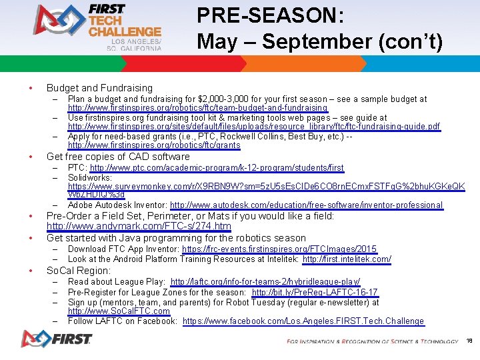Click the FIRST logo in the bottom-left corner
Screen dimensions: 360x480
56,339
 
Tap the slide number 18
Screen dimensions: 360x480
469,340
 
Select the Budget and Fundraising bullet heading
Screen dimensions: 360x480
99,88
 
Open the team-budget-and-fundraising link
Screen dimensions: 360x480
197,108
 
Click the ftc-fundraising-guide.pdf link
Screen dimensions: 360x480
253,127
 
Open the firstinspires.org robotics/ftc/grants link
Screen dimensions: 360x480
154,145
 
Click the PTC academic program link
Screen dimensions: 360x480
217,168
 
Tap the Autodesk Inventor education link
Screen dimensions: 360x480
306,205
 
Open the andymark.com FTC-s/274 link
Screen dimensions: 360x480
139,227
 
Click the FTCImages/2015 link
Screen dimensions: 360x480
279,249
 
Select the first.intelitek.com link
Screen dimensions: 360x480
347,259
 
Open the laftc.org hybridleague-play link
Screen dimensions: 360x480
265,283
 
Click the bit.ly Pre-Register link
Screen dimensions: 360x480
315,293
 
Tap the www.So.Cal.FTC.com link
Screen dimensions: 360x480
119,311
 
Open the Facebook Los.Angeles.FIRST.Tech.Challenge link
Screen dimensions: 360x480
303,321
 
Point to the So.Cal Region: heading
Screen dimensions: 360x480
78,271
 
